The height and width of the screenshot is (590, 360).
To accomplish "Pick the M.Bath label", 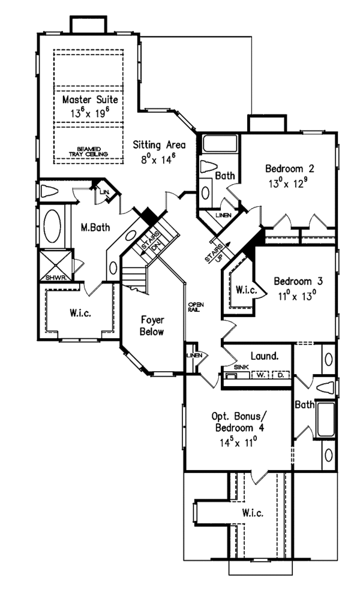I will coord(93,227).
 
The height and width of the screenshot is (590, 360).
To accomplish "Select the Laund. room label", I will coord(265,356).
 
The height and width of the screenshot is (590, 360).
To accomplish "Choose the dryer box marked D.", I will coord(280,376).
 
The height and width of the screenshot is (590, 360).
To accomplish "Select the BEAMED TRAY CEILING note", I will coord(89,151).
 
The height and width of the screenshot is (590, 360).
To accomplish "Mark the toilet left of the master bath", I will coord(49,192).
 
